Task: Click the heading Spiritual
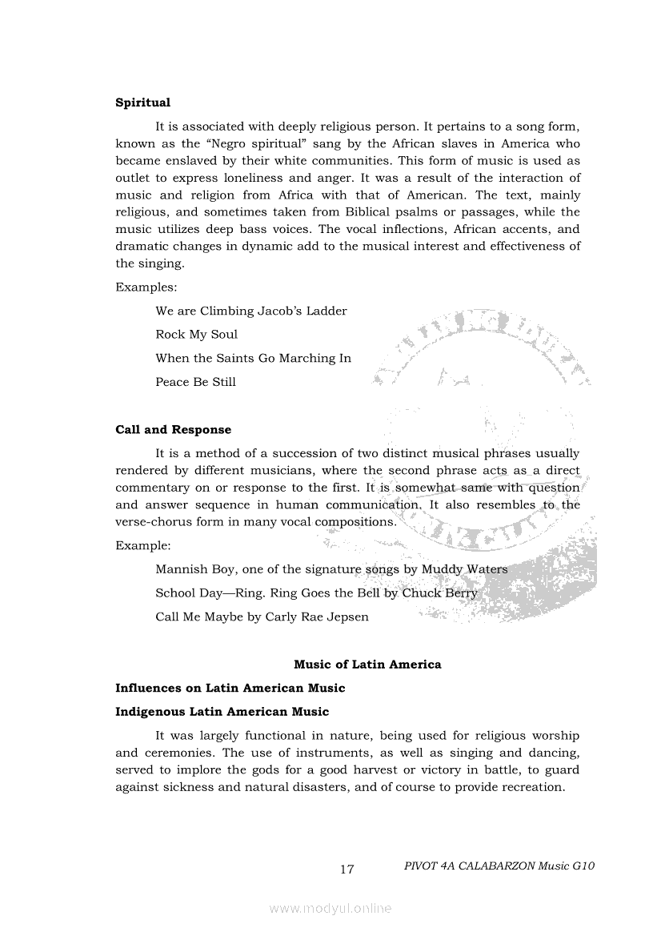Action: (x=143, y=102)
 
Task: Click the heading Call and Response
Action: (x=173, y=430)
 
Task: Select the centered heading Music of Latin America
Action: (x=367, y=664)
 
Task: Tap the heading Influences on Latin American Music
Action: (x=230, y=688)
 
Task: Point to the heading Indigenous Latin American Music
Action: (x=222, y=712)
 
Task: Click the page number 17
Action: (x=347, y=870)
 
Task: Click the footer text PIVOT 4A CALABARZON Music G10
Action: (x=499, y=866)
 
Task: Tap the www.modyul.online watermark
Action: (x=330, y=908)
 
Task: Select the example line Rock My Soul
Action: (x=196, y=335)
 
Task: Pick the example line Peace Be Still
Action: (x=195, y=382)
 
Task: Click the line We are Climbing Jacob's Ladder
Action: (x=251, y=311)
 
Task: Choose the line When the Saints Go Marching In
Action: (x=253, y=358)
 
